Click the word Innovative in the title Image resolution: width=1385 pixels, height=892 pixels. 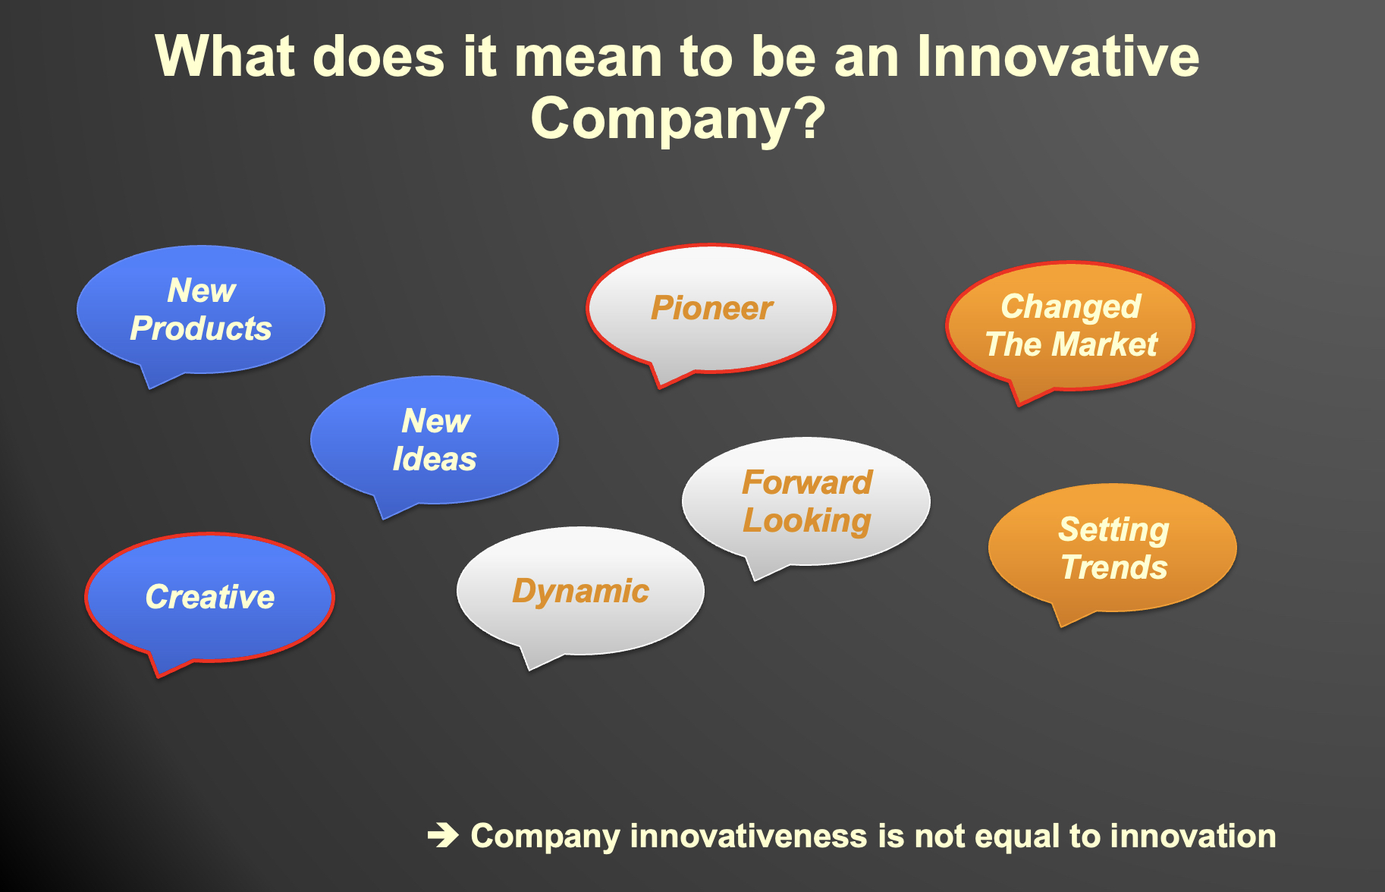[1058, 56]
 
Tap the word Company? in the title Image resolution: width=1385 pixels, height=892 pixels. [678, 119]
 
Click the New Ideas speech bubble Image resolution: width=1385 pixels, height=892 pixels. [435, 441]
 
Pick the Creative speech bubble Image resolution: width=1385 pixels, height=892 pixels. [210, 598]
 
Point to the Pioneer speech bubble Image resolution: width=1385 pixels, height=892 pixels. [711, 309]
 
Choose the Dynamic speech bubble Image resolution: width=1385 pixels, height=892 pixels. [580, 591]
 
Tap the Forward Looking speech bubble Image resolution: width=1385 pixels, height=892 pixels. [806, 501]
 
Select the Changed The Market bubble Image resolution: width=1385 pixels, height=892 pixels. [1070, 326]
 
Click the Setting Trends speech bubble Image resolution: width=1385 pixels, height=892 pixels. [1113, 548]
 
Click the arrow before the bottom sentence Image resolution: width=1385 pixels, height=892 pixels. [443, 836]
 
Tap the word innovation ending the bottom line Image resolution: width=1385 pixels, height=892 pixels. [1193, 836]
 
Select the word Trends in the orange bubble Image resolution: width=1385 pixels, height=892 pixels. [1114, 567]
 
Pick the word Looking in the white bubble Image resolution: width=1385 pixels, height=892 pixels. [807, 521]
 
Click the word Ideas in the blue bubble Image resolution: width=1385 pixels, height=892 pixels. [435, 459]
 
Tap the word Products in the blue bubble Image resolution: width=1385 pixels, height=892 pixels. [201, 328]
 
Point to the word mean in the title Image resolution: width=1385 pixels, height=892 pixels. [590, 56]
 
